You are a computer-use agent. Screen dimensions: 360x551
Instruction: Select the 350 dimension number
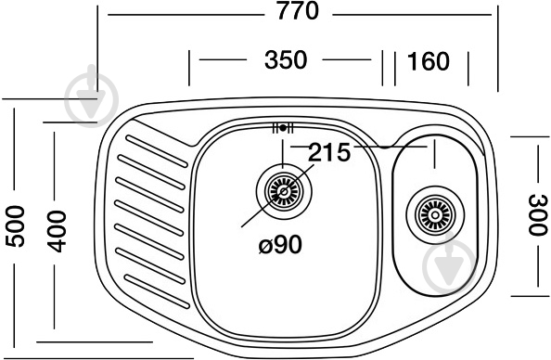coord(285,61)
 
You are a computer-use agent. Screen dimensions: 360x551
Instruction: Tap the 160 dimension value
coord(428,61)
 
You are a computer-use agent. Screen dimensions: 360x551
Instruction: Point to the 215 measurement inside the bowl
coord(329,152)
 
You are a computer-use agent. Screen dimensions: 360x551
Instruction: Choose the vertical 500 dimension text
coord(15,226)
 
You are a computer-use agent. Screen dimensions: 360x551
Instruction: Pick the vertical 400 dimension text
coord(58,226)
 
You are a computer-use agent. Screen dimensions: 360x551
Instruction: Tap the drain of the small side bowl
coord(430,215)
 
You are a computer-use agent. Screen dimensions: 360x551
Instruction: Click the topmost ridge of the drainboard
coord(148,146)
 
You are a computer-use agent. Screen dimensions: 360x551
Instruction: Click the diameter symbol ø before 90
coord(264,246)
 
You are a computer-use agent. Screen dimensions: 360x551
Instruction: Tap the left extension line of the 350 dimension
coord(190,67)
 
